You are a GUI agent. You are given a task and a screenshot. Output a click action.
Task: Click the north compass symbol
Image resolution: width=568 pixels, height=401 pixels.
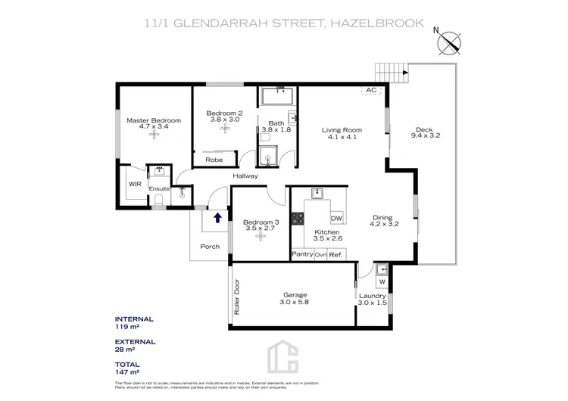[451, 42]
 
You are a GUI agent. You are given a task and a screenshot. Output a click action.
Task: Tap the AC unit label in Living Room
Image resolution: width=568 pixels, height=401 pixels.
[371, 91]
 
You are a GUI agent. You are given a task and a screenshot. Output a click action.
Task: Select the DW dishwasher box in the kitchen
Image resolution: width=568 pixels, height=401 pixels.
[336, 218]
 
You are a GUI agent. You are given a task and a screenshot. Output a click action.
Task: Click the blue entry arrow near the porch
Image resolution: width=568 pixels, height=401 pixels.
[218, 219]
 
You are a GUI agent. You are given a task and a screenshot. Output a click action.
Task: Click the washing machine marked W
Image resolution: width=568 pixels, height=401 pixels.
[381, 282]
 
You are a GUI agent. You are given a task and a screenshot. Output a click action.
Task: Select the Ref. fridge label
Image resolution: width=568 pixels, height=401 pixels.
[336, 255]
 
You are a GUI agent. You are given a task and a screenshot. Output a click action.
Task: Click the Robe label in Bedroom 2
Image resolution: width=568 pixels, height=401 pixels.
[214, 160]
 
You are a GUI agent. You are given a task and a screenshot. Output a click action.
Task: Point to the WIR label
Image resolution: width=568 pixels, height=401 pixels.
[134, 184]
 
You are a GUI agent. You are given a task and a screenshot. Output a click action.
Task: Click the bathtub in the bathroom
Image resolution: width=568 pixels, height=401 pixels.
[279, 96]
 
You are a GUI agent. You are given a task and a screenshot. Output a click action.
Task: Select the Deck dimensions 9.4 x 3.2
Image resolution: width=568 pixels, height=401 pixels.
[425, 135]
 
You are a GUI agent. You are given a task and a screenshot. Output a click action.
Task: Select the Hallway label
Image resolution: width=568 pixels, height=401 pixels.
[245, 176]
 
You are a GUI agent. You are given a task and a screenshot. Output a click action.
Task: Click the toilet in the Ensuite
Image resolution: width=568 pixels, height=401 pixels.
[158, 199]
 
